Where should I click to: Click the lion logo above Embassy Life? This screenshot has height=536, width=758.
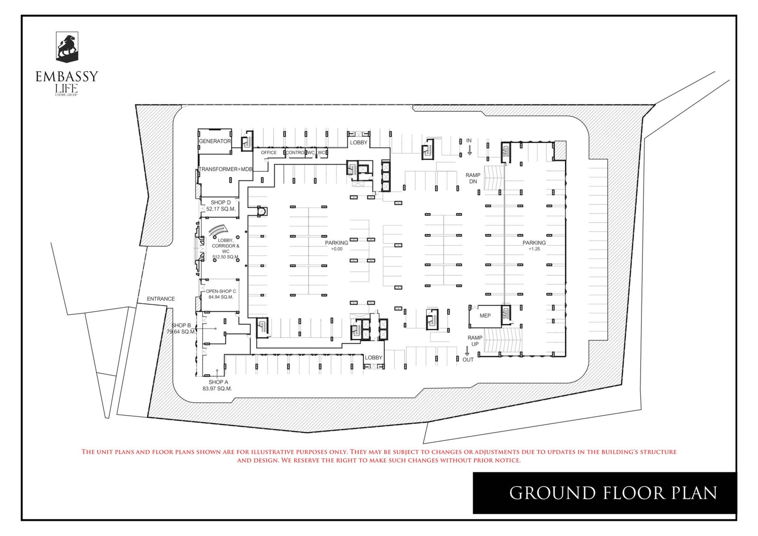[x=67, y=47]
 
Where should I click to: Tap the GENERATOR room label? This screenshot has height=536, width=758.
[x=215, y=141]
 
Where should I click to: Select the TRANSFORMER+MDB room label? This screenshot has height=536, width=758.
[x=226, y=169]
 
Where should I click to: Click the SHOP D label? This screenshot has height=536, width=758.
[x=221, y=202]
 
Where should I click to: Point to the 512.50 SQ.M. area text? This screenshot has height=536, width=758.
[x=226, y=257]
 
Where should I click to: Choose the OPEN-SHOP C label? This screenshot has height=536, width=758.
[x=221, y=291]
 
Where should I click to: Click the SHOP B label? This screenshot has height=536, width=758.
[x=181, y=325]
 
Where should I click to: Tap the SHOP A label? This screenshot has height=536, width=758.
[x=218, y=382]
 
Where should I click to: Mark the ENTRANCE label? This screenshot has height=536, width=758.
[x=161, y=299]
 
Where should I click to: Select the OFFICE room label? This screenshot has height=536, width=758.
[x=269, y=152]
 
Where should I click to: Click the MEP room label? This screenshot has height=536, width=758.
[x=485, y=315]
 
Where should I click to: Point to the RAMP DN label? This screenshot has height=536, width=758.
[x=473, y=178]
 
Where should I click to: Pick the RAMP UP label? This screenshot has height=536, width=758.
[x=475, y=340]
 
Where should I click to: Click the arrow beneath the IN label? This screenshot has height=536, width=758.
[x=469, y=150]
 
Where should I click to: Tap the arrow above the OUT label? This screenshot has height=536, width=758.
[x=467, y=351]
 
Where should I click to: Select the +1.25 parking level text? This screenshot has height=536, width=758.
[x=534, y=249]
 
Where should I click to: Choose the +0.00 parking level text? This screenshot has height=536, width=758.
[x=336, y=249]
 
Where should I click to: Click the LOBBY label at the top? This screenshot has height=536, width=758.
[x=359, y=143]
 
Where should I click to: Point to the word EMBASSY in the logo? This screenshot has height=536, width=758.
[x=67, y=76]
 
